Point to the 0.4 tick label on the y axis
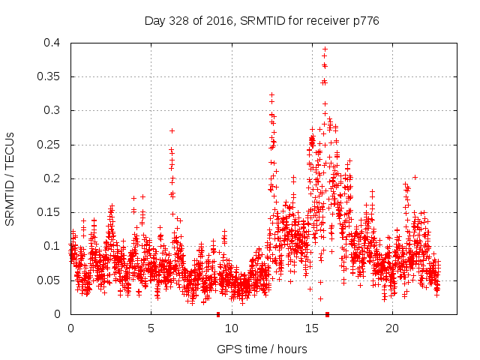[x=52, y=43]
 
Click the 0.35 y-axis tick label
[x=49, y=76]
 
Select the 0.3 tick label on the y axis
[x=52, y=110]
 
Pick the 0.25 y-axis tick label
[x=49, y=145]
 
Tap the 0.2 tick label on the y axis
[x=52, y=178]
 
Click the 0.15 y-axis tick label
[x=49, y=212]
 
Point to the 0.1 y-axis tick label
[x=52, y=246]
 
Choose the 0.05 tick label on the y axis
[x=49, y=280]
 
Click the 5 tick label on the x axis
[x=151, y=328]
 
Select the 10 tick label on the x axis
[x=231, y=328]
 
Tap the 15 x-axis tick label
[x=311, y=328]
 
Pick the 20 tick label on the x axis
[x=391, y=328]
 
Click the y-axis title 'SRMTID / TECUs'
[x=10, y=178]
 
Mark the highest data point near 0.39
[x=325, y=49]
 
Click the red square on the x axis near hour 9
[x=218, y=314]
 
